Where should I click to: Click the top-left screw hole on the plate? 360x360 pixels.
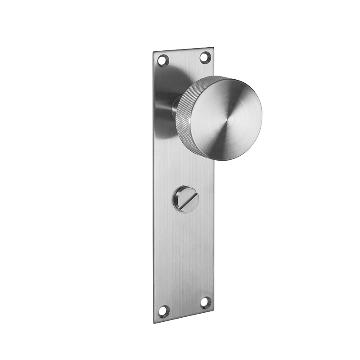162,59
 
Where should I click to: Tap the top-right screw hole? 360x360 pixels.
205,57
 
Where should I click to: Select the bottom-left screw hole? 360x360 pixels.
164,310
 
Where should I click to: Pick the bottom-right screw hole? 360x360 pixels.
205,302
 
